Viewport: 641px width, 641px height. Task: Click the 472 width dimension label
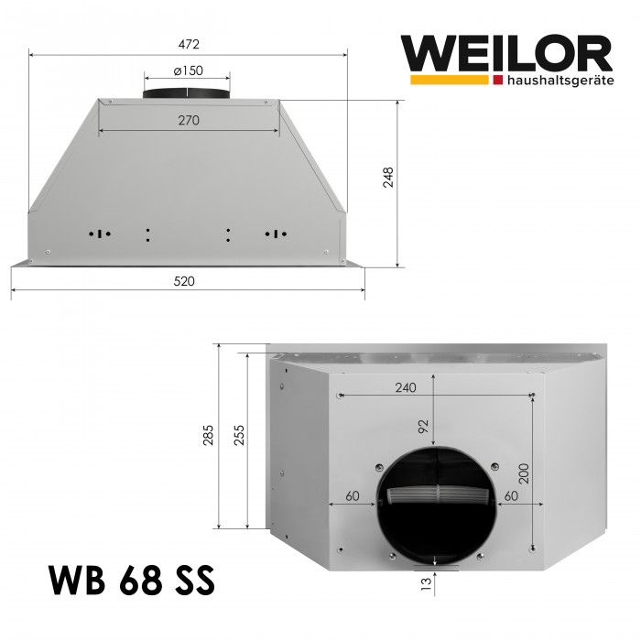pos(189,43)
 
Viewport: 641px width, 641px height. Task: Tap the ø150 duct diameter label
pos(188,71)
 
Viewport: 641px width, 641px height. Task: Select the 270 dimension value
pos(189,120)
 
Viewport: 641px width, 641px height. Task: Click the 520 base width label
pos(185,282)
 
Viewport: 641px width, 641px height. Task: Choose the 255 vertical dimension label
pos(238,435)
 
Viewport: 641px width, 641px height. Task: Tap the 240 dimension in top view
pos(405,387)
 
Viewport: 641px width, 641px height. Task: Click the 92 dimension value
pos(422,426)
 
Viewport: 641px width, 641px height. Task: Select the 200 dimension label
pos(523,471)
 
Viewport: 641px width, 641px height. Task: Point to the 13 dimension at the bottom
pos(423,583)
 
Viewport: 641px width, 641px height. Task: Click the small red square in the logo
pos(497,81)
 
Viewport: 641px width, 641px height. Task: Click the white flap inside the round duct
pos(436,496)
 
